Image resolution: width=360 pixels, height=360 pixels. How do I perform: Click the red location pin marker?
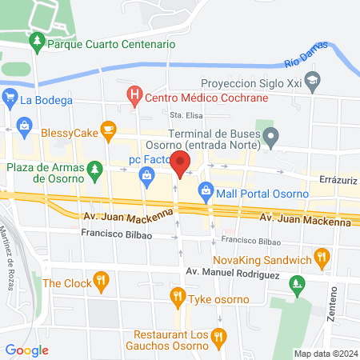[181, 163]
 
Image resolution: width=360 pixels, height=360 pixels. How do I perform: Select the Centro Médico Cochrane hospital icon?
[134, 97]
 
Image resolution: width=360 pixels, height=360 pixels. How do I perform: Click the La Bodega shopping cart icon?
[10, 100]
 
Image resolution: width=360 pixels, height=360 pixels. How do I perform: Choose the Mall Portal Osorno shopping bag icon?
[206, 191]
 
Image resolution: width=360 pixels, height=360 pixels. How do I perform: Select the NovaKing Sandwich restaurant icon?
[322, 258]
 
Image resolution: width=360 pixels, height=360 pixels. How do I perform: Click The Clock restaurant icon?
[100, 282]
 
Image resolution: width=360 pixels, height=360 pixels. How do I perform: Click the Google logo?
[27, 350]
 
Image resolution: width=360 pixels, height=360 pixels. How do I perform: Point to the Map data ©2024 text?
[324, 354]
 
